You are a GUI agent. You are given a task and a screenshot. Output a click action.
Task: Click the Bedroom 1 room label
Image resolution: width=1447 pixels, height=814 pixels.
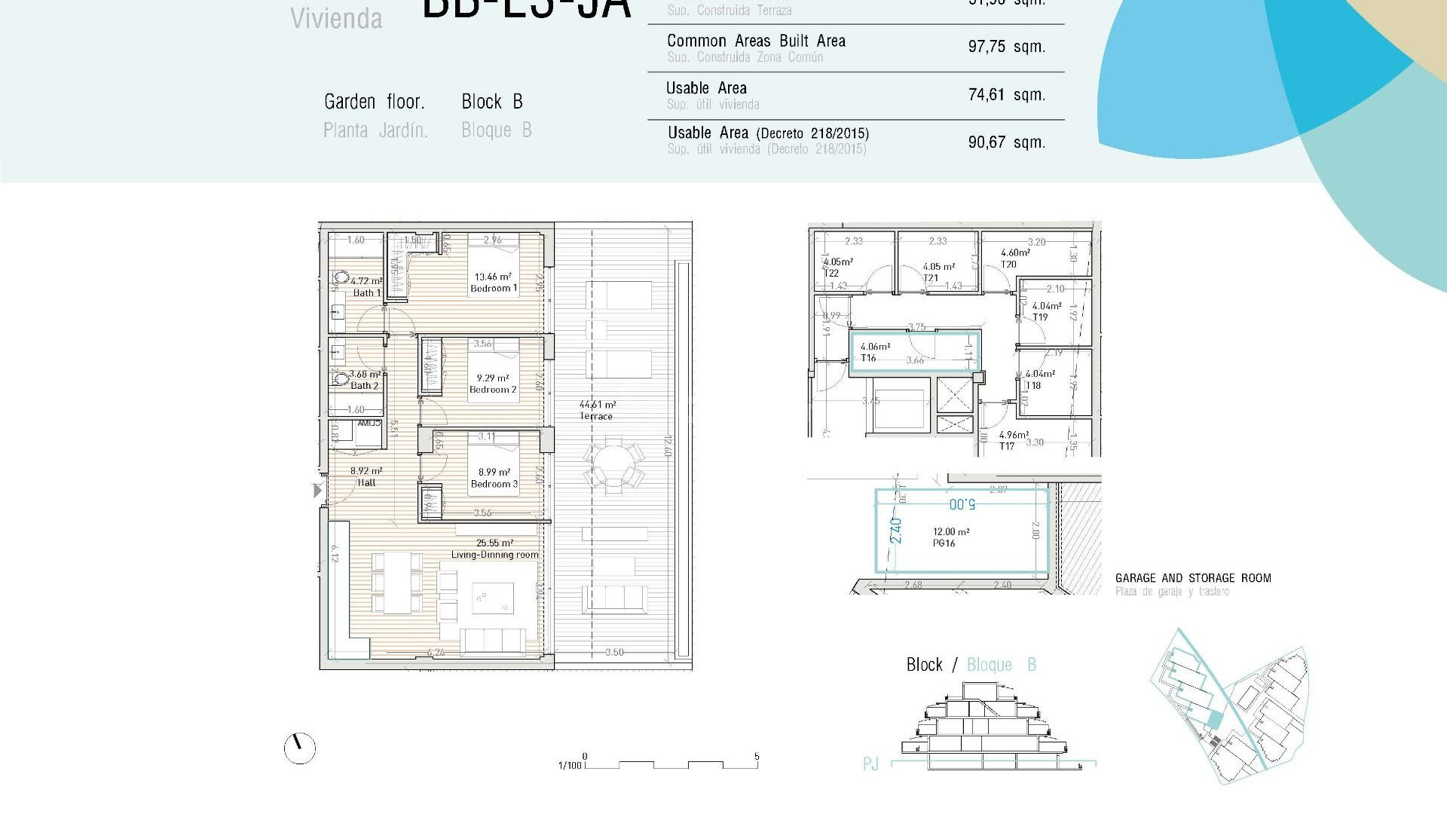pos(494,288)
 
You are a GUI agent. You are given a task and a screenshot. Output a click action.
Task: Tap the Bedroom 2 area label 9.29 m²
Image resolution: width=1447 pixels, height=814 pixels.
pos(492,378)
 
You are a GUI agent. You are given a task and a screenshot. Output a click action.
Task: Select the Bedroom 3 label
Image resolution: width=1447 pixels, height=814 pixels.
pos(494,484)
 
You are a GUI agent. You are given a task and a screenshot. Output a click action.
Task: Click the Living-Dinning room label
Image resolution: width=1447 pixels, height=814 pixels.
pos(494,554)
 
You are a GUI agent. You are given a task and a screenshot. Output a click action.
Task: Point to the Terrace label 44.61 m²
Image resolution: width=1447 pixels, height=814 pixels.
pos(597,405)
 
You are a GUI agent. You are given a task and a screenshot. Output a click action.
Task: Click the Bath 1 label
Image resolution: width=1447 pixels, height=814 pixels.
pos(367,292)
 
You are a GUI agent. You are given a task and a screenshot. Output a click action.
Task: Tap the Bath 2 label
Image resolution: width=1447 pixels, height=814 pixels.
pos(365,385)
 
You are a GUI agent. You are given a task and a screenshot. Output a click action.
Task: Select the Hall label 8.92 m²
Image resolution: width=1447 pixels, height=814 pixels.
pos(366,471)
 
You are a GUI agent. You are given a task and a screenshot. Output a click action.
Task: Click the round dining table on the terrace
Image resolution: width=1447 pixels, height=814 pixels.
pos(613,467)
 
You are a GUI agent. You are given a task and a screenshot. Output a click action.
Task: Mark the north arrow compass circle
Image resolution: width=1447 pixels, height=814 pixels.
pos(299,748)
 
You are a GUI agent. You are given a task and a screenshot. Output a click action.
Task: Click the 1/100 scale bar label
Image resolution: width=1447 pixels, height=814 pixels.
pos(570,765)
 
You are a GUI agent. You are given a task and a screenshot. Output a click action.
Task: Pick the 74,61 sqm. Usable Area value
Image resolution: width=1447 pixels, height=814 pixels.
pos(1006,95)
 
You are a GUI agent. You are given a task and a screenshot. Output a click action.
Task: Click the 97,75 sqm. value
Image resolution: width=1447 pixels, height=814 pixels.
pos(1006,47)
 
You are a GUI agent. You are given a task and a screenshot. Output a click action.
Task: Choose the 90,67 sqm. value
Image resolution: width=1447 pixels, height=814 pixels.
pos(1006,142)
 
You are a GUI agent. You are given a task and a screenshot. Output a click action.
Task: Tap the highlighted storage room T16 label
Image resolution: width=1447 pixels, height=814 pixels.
pos(869,358)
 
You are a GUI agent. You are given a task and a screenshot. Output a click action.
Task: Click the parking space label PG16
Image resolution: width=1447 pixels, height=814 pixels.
pos(944,543)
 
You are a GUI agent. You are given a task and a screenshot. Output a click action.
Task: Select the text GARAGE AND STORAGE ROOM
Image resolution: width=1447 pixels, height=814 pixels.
pos(1192,578)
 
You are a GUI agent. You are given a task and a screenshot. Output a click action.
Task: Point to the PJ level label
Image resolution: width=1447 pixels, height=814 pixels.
pos(870,764)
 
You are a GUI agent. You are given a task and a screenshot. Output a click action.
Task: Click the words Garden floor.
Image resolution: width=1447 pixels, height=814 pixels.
pos(375,102)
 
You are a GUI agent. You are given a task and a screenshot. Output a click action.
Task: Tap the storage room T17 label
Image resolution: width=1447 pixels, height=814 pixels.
pos(1006,446)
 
